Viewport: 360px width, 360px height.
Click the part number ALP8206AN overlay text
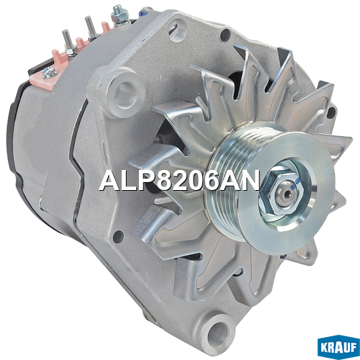(x=180, y=180)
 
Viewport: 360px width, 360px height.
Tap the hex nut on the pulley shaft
(x=282, y=193)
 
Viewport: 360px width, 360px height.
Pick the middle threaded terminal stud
(x=89, y=26)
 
